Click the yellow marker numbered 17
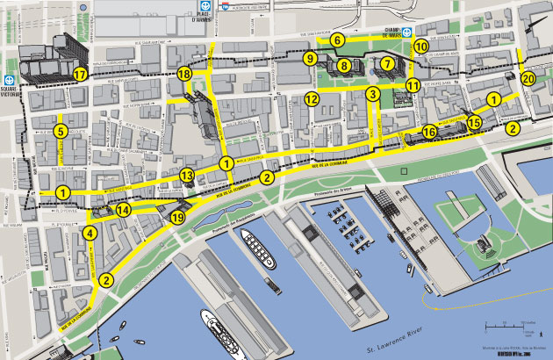point(81,75)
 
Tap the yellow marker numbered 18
point(183,75)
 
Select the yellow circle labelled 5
point(60,132)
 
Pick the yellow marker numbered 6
point(337,40)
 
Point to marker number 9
point(311,59)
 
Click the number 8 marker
point(344,65)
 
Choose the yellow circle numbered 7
point(387,63)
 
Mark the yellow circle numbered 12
point(312,99)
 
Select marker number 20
point(528,78)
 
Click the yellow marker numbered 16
point(429,132)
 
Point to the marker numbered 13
point(187,176)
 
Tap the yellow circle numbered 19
point(178,217)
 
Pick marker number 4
point(90,234)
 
